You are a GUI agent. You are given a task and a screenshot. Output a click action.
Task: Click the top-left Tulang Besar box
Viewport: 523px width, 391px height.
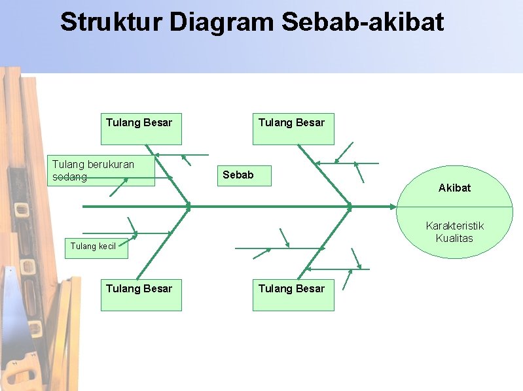[141, 129]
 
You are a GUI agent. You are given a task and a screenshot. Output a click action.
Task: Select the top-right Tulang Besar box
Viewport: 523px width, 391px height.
[293, 129]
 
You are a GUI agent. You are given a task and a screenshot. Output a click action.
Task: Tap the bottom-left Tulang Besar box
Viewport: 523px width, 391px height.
[141, 294]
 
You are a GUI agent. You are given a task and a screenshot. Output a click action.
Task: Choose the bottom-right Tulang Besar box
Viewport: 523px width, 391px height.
[293, 294]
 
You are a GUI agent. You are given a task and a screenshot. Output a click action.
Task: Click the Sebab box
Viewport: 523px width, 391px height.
[244, 175]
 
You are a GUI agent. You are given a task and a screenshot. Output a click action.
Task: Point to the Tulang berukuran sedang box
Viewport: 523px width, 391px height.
[102, 171]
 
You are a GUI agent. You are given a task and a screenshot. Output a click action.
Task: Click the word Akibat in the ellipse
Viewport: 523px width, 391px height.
[454, 188]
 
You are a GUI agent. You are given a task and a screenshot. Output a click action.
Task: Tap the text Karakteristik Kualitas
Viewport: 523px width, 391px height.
[454, 232]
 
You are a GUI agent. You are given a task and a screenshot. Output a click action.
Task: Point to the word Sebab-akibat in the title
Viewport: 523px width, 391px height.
[363, 22]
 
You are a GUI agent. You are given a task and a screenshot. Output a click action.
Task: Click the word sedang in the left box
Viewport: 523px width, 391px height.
[69, 177]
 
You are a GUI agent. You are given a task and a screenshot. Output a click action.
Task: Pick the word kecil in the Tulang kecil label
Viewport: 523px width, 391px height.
[107, 246]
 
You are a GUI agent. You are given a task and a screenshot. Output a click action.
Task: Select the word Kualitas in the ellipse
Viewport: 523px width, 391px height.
[454, 239]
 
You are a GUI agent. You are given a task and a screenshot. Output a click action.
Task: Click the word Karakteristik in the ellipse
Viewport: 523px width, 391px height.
[454, 226]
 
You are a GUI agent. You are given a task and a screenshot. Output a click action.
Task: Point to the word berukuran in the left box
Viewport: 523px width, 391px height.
[111, 165]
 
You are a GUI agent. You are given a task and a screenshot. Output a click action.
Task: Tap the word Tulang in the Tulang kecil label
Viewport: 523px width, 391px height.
[83, 246]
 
